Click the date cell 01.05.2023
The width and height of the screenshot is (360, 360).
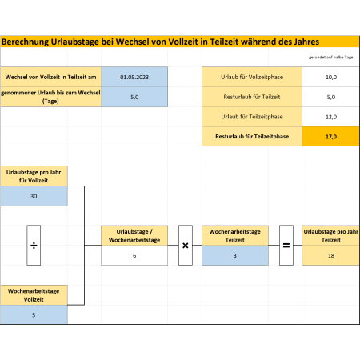pos(134,77)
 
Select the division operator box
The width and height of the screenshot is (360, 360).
pos(34,245)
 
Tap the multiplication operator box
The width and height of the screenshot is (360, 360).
pos(186,245)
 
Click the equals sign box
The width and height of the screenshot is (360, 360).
pos(286,245)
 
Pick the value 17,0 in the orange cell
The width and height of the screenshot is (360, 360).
pos(331,137)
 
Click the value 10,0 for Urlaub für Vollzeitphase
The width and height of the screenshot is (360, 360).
pos(331,77)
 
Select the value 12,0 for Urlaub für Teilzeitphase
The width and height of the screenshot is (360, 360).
pos(331,117)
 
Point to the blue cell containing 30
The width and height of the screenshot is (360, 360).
pos(34,196)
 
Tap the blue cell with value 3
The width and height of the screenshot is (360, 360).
pos(235,255)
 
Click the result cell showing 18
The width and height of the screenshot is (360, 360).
pos(331,255)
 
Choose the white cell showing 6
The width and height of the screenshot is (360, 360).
pos(134,255)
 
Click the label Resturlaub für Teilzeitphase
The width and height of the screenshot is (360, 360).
pos(252,137)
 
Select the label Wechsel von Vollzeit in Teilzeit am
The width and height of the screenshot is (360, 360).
pos(50,77)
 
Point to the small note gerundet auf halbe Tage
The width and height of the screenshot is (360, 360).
pos(330,57)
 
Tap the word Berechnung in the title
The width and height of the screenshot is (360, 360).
pos(26,42)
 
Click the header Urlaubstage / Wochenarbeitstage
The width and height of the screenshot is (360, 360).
pos(134,235)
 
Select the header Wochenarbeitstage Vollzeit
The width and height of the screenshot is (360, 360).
pos(34,295)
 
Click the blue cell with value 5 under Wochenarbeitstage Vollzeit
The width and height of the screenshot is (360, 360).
pos(34,314)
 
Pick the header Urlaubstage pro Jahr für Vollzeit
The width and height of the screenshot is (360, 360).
pos(34,176)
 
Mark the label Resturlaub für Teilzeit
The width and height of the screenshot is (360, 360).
pos(252,97)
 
